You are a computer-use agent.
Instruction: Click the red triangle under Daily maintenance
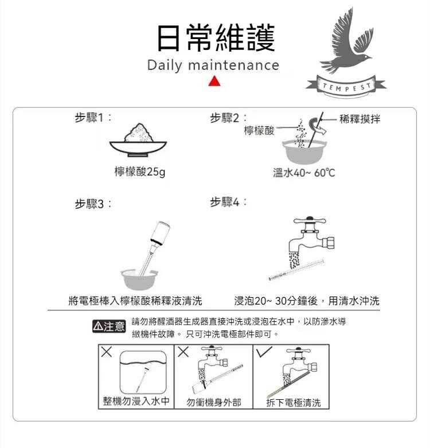(x=215, y=81)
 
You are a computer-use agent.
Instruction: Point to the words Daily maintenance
(x=213, y=65)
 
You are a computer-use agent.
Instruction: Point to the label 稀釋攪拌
(x=359, y=119)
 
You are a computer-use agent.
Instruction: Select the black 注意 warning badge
(x=109, y=326)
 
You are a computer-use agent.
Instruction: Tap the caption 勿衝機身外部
(x=214, y=402)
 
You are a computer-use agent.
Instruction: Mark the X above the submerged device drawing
(x=107, y=352)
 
